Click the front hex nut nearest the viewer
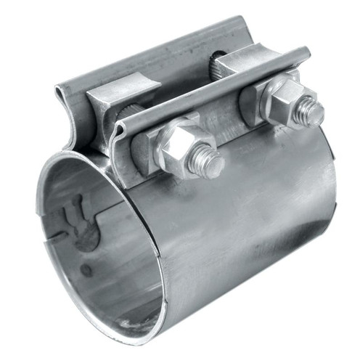(x=182, y=148)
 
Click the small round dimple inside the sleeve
(x=86, y=270)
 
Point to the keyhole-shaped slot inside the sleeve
(x=78, y=221)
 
